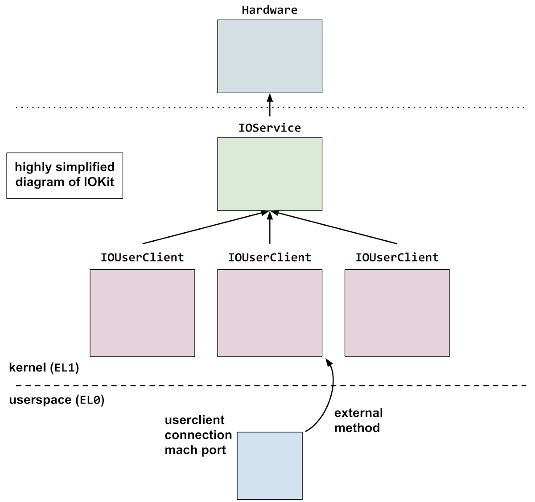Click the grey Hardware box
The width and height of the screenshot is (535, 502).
[x=269, y=56]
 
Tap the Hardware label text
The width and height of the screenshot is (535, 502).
[x=269, y=10]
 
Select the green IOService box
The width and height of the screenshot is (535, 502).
[x=269, y=174]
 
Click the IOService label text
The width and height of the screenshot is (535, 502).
[x=269, y=128]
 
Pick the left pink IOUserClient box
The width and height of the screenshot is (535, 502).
[x=142, y=313]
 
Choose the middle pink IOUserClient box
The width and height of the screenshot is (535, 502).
[x=269, y=313]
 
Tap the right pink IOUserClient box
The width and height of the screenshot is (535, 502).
[x=397, y=313]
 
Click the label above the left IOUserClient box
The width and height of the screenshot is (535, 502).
[x=142, y=258]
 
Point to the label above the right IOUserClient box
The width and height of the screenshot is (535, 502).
[x=397, y=258]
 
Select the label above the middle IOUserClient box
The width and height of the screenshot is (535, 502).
[x=269, y=258]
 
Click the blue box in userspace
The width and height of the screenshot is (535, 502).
[x=269, y=465]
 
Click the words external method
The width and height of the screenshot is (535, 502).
[x=358, y=420]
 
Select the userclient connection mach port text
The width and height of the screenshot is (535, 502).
[x=198, y=435]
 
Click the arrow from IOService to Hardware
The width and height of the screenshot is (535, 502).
[x=269, y=105]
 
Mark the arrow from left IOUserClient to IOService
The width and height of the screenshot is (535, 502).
[x=203, y=228]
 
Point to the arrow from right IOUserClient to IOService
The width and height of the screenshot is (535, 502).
[x=337, y=228]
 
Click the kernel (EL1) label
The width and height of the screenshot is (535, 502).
[x=44, y=368]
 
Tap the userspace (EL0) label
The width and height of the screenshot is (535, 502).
[x=57, y=400]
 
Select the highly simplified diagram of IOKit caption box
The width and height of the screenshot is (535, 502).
[x=65, y=175]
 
